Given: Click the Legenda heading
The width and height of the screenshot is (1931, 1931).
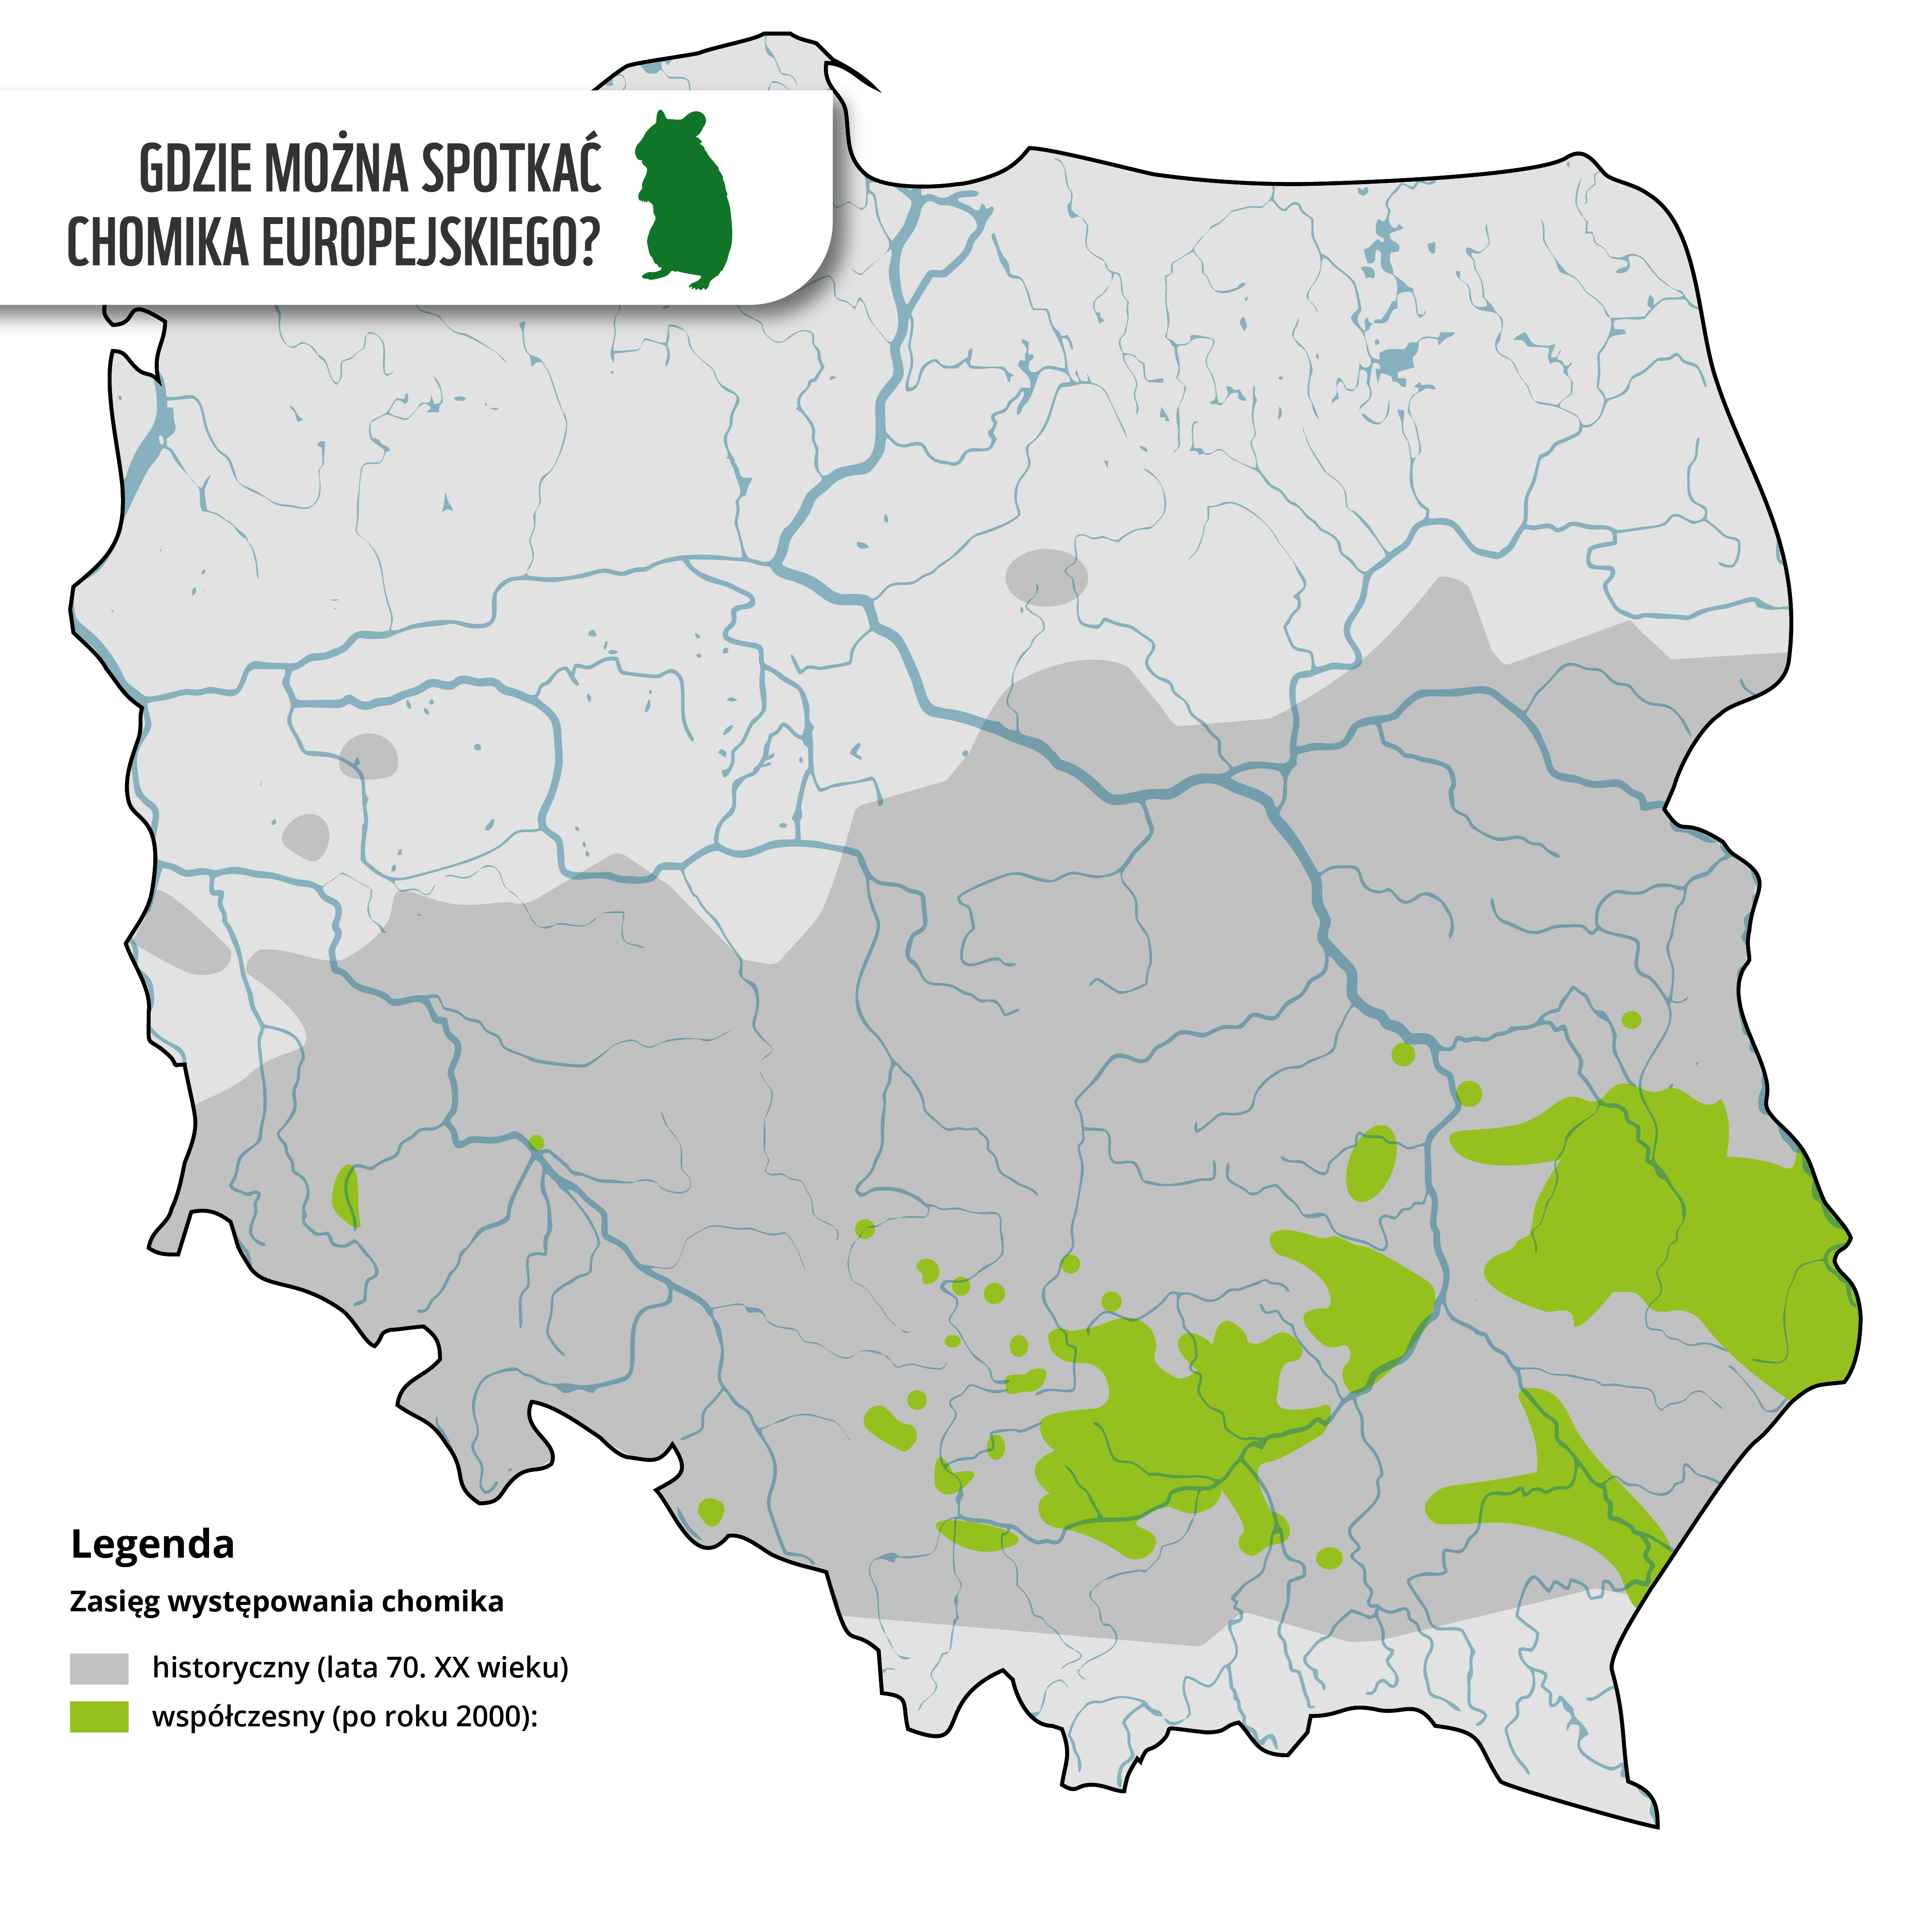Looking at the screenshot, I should pos(152,1544).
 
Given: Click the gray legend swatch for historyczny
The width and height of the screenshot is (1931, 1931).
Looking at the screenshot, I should pos(99,1668).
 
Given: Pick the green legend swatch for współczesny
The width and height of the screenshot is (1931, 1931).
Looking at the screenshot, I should pos(99,1717).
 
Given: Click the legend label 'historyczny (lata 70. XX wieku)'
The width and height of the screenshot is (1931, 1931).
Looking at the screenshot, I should pos(360,1667).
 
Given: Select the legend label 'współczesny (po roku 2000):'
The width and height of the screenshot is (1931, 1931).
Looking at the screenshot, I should pos(345,1717).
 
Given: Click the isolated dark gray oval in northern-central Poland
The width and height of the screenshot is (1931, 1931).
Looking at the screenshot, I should pos(1045,577).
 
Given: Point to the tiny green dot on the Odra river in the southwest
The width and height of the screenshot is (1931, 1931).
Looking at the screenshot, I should pos(536,1142).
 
